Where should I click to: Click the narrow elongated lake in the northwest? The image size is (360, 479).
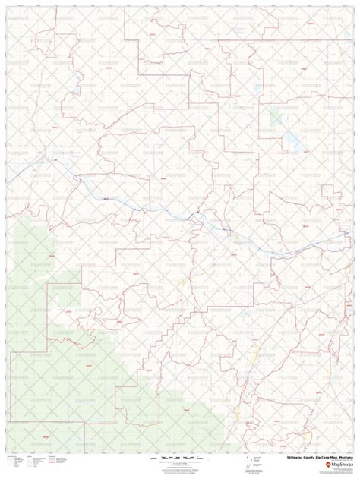coord(78,79)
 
